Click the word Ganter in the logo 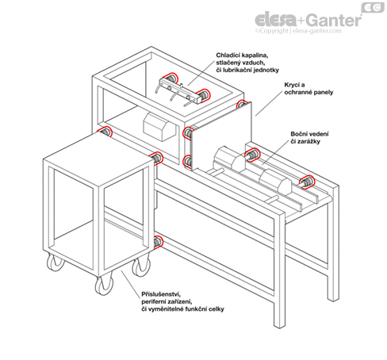click(x=335, y=20)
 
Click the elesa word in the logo click(x=276, y=20)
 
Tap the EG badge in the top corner click(x=373, y=8)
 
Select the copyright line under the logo click(x=298, y=31)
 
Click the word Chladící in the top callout click(x=228, y=56)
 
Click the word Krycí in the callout click(x=292, y=85)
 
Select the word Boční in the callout click(x=299, y=134)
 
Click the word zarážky click(x=309, y=142)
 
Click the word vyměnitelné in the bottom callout click(x=164, y=309)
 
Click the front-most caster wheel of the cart click(x=104, y=285)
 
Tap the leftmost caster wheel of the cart click(x=56, y=262)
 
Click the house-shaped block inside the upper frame click(x=159, y=127)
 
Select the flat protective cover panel click(x=221, y=136)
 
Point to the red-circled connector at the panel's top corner click(x=241, y=104)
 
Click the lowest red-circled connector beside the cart click(x=158, y=242)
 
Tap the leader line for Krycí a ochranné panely click(x=269, y=103)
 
